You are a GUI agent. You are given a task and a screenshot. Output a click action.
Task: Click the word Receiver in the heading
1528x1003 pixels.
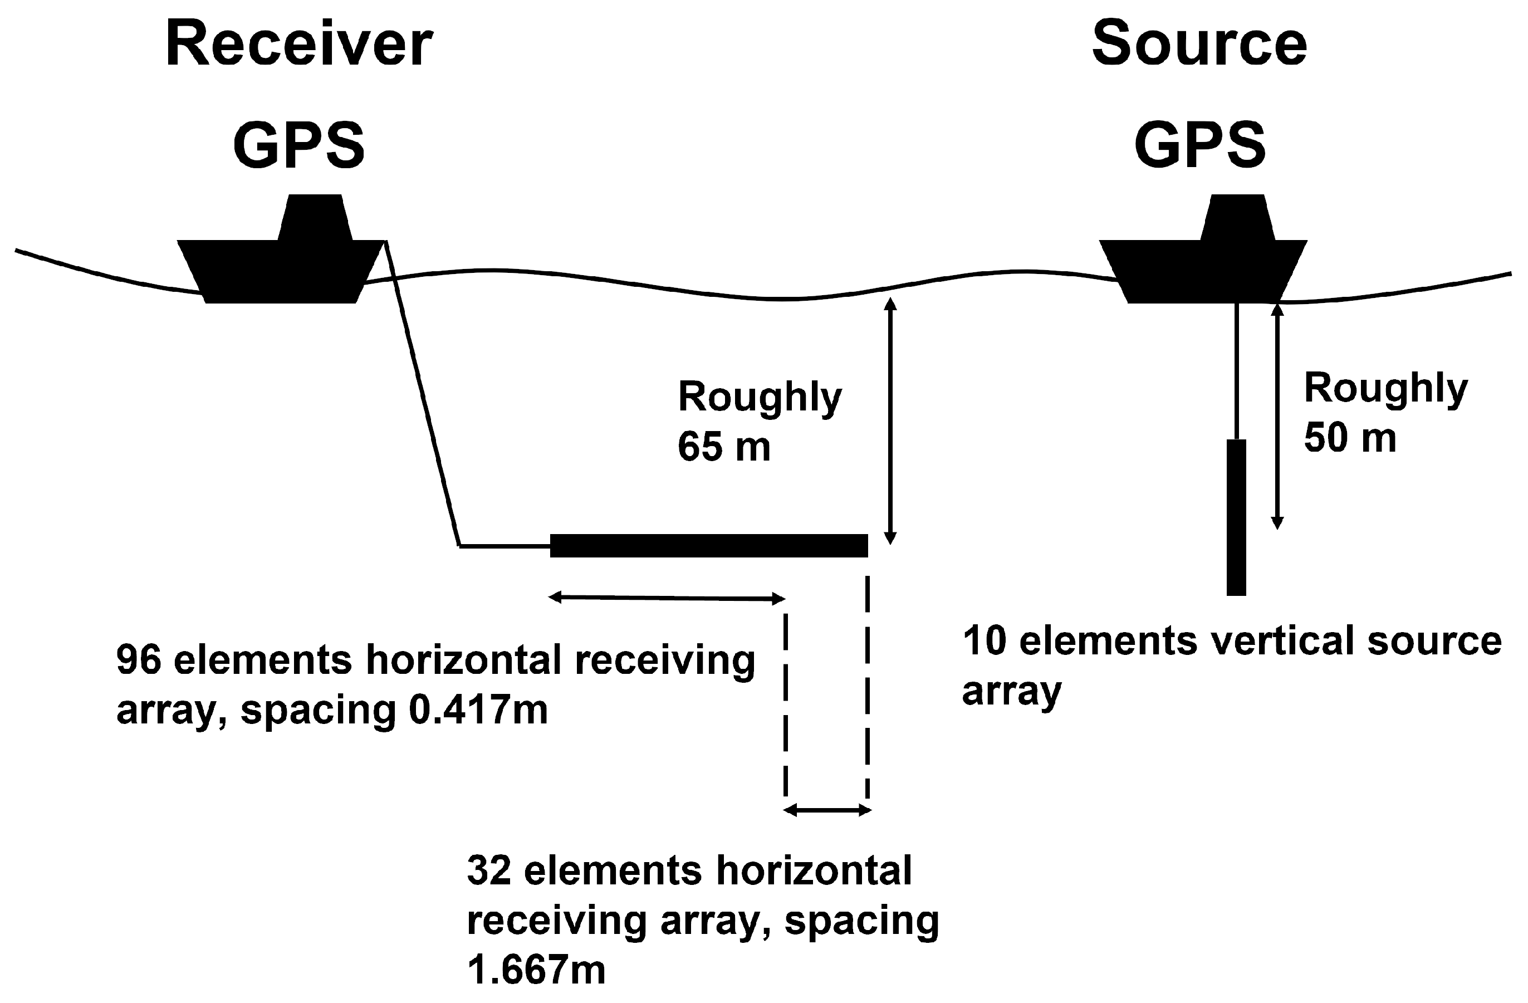click(x=298, y=45)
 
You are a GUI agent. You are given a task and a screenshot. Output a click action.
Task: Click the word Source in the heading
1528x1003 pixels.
click(x=1199, y=45)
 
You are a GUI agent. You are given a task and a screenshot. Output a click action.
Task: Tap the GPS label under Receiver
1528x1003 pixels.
click(x=298, y=146)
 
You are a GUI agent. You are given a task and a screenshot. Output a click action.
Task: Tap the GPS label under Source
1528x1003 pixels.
click(x=1200, y=146)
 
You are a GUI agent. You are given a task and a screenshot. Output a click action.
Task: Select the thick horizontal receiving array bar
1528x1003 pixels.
click(x=708, y=545)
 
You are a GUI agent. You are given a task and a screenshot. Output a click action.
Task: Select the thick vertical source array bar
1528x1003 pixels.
click(x=1236, y=517)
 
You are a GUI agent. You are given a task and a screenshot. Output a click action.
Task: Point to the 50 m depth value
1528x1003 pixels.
click(x=1349, y=439)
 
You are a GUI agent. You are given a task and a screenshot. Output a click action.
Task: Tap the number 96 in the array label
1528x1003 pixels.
click(x=138, y=659)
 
